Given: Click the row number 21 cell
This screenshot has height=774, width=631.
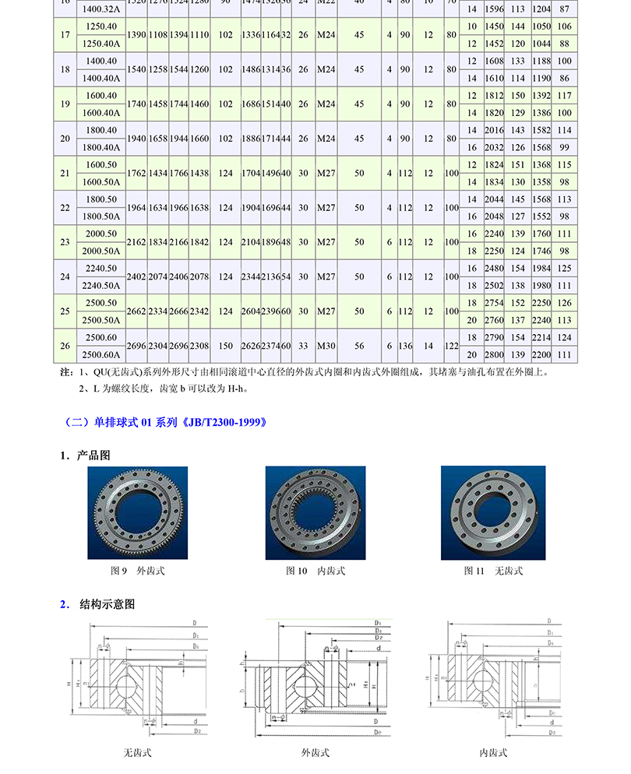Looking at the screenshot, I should click(x=65, y=173).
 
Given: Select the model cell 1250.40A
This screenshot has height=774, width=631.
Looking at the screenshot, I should click(x=102, y=43).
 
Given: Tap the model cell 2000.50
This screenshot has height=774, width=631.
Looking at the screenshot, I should click(x=102, y=234).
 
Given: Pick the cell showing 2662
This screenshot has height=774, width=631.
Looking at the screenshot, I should click(x=136, y=311).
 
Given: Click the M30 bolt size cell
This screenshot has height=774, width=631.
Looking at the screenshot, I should click(x=326, y=345).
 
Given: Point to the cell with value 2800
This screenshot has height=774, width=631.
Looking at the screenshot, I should click(x=494, y=354).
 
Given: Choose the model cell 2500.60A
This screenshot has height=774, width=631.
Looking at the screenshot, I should click(x=102, y=354).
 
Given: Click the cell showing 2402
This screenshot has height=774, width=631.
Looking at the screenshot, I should click(x=136, y=276).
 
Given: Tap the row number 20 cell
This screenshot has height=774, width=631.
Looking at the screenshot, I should click(x=65, y=139).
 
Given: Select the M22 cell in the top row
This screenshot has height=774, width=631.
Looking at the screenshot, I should click(x=326, y=3).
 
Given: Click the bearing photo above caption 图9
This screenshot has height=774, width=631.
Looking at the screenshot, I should click(x=137, y=513).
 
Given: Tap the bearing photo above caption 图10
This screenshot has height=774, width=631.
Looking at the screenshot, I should click(x=315, y=513).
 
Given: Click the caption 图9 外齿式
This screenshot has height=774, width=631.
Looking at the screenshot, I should click(x=137, y=571).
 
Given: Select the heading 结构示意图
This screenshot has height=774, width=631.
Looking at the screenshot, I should click(x=108, y=604).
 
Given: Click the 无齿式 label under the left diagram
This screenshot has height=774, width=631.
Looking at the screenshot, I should click(x=137, y=753).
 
